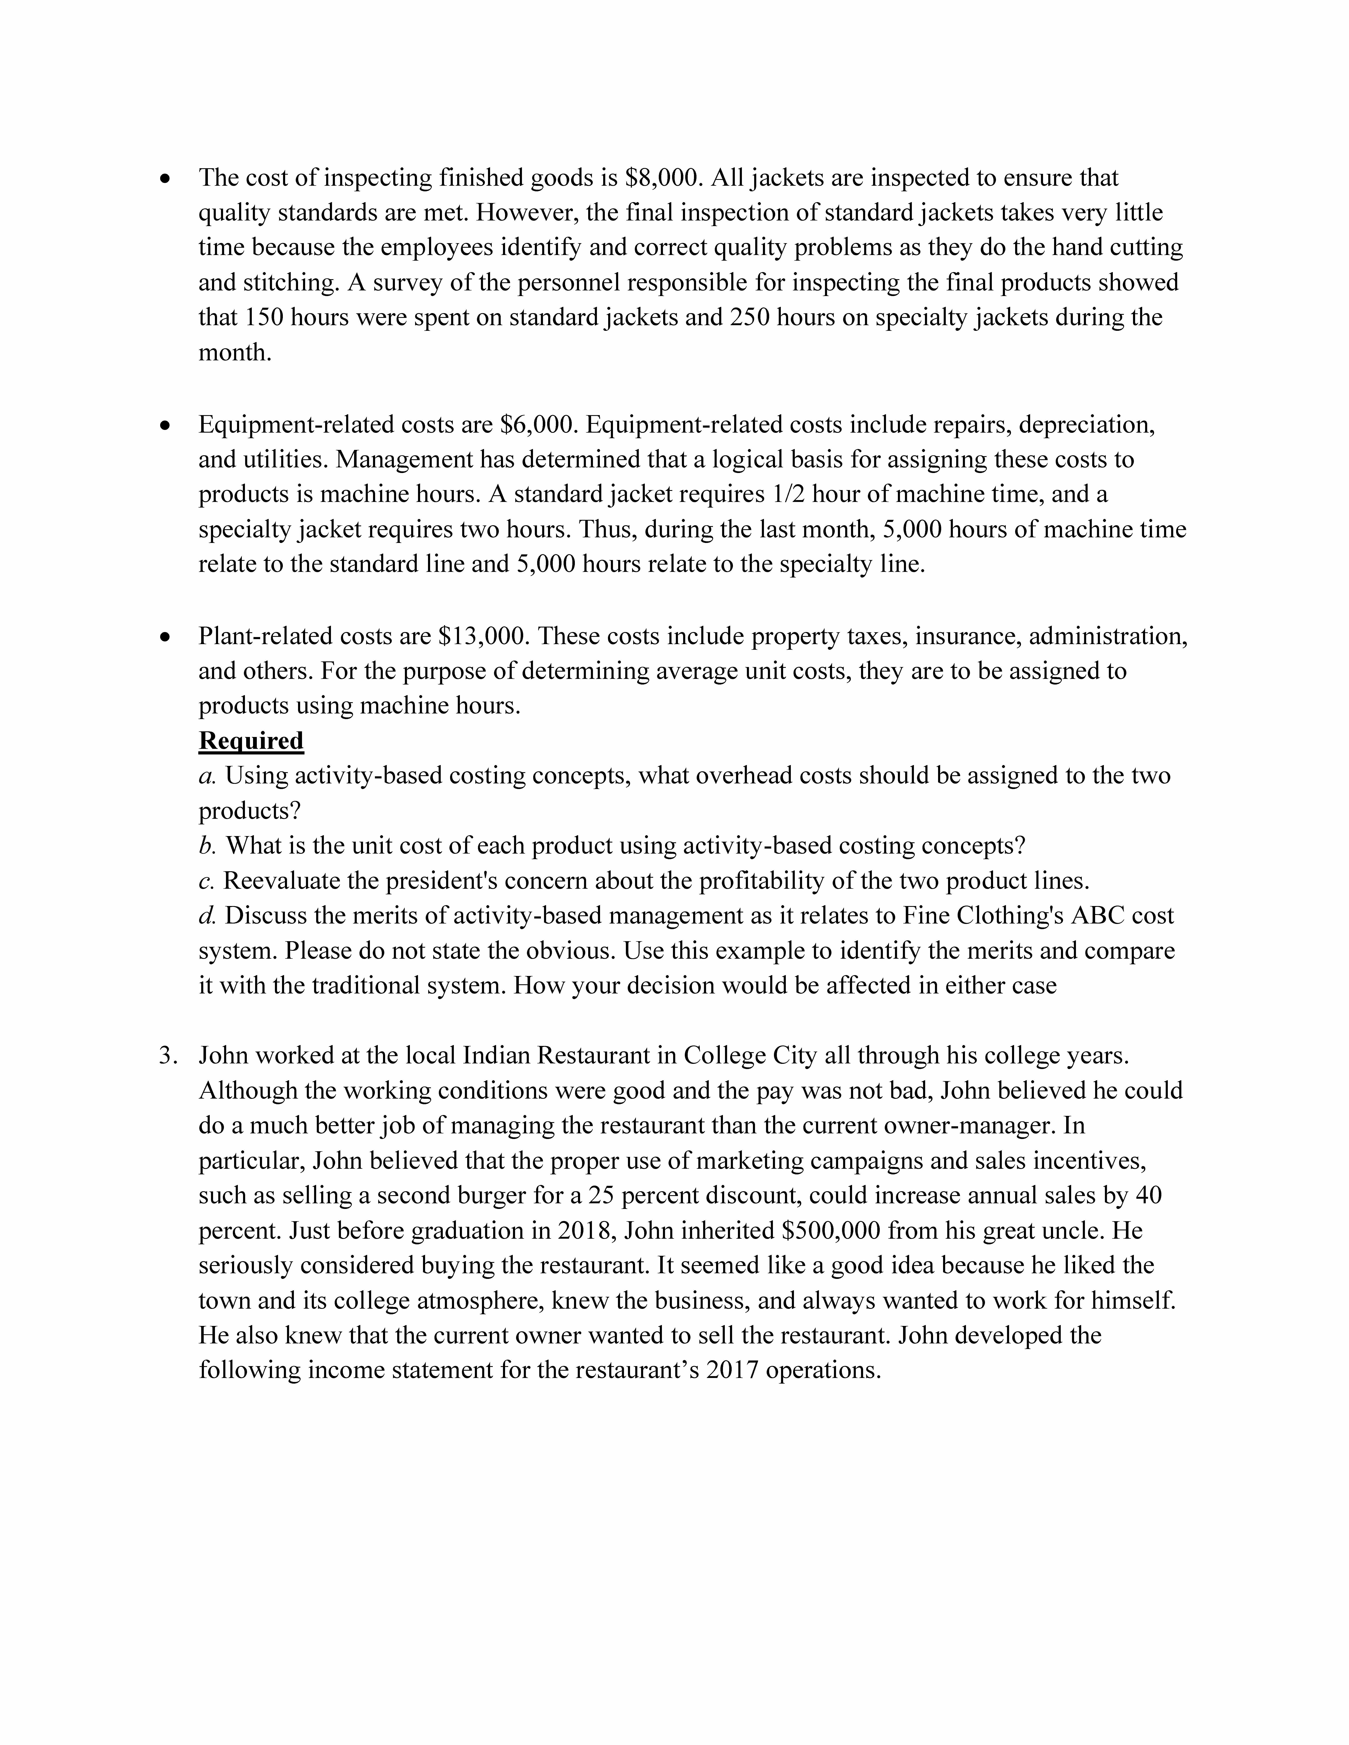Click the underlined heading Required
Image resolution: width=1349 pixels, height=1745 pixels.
251,741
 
